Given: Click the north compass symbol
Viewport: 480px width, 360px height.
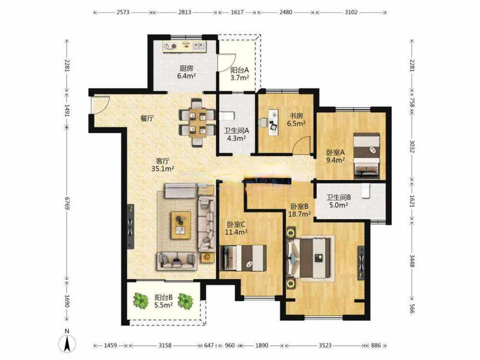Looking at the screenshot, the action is [x=67, y=341].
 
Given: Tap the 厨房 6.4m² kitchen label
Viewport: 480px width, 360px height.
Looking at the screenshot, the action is [x=186, y=72].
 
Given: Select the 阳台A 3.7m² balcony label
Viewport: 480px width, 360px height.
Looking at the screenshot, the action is [x=239, y=74].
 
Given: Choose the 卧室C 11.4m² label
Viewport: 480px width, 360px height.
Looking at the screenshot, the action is [x=236, y=229].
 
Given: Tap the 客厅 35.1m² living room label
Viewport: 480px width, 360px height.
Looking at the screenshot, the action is [x=163, y=164].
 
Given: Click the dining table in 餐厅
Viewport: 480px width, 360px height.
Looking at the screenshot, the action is [x=197, y=122].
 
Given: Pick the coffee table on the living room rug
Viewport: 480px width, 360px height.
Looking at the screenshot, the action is [x=181, y=225].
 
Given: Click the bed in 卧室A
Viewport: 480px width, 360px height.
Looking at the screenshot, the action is [x=367, y=156].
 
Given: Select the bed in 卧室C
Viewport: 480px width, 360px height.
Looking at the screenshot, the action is [x=243, y=258].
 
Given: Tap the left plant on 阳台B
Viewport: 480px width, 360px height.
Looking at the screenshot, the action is [x=141, y=301].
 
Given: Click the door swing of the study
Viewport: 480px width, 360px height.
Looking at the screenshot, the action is [x=301, y=145].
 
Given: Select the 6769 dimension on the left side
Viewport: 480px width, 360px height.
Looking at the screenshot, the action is [x=67, y=203].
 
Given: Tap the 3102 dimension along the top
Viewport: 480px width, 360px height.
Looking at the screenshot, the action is [x=351, y=12].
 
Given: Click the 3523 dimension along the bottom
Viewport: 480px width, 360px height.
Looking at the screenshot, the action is [x=325, y=346].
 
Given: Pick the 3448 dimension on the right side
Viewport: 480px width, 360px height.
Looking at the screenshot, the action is [x=412, y=261].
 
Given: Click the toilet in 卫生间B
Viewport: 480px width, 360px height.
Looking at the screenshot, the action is [x=365, y=191].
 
